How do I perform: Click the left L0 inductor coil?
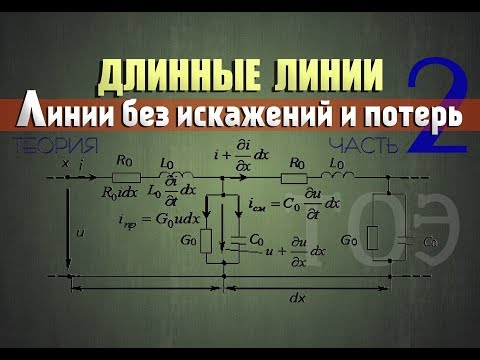pyautogui.click(x=170, y=169)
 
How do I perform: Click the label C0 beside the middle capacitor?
pyautogui.click(x=256, y=240)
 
